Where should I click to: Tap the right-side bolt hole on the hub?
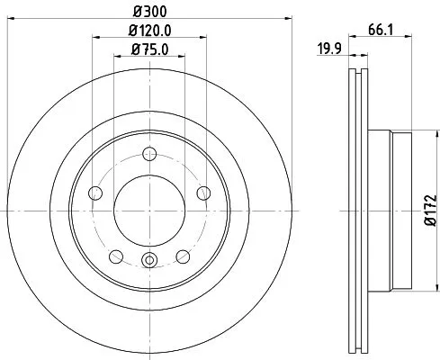tap(202, 192)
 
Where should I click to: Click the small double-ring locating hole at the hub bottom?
tap(148, 263)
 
